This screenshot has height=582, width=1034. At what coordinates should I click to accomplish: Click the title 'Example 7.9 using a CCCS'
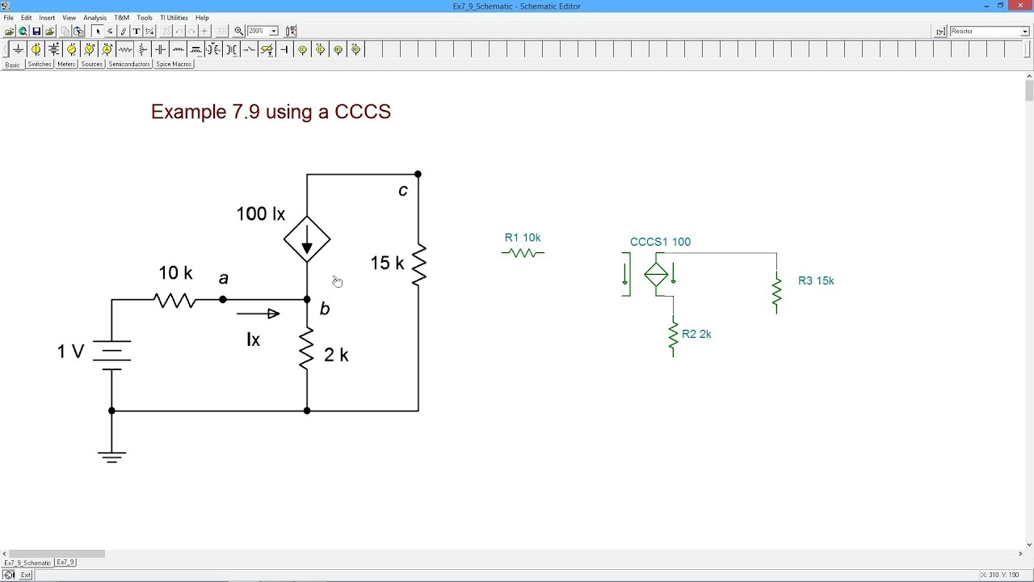click(271, 112)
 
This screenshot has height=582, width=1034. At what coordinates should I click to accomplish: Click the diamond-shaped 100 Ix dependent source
click(307, 239)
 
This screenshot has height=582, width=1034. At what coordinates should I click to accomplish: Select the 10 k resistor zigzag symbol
click(174, 300)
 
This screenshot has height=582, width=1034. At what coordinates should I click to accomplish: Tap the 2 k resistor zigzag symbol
click(307, 349)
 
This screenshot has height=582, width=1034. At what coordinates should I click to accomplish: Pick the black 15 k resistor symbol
click(418, 264)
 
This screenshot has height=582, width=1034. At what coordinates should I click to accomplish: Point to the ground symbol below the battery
click(111, 457)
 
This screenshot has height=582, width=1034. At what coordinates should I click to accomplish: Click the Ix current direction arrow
click(258, 314)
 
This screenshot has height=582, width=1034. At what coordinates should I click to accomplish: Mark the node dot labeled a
click(223, 300)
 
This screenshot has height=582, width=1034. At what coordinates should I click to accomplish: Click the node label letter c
click(403, 191)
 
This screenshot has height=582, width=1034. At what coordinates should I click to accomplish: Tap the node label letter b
click(325, 309)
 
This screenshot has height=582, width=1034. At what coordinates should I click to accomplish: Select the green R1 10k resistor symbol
click(523, 253)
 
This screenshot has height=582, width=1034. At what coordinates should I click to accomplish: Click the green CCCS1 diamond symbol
click(656, 275)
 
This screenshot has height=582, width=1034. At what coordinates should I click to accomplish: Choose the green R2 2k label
click(696, 334)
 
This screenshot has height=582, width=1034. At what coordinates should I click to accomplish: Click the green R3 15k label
click(816, 280)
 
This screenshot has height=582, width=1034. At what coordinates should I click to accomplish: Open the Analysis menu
click(95, 18)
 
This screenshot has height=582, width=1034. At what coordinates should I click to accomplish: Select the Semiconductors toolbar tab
click(129, 64)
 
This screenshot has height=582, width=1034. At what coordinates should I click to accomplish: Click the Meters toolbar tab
click(66, 64)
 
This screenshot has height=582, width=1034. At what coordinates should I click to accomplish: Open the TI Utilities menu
click(174, 18)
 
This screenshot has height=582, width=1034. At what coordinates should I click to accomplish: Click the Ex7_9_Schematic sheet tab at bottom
click(27, 563)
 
